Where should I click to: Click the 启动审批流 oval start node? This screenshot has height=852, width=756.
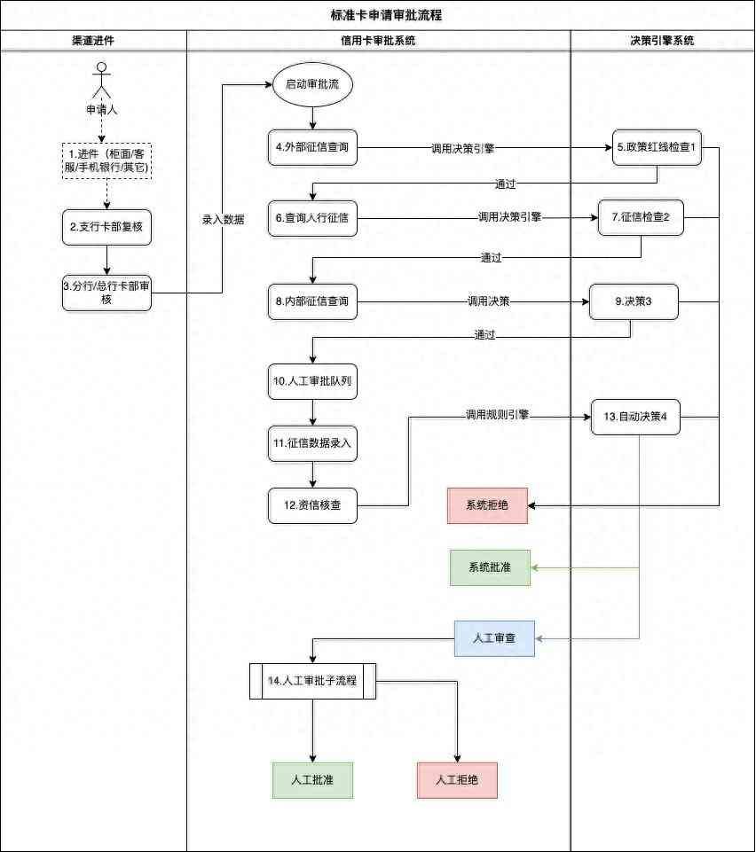point(312,85)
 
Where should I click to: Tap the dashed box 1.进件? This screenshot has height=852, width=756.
point(106,161)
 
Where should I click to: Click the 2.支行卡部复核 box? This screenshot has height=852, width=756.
point(106,227)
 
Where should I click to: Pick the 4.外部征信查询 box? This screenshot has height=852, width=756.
point(312,147)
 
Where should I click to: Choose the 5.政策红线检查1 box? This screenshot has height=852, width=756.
point(658,147)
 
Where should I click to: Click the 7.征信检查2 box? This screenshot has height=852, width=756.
point(640,217)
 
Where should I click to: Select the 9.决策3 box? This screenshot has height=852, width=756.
point(634,301)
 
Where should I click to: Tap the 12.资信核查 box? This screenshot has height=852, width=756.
point(312,505)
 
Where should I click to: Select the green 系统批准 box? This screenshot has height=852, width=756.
point(489,567)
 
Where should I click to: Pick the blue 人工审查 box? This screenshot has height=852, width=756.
point(494,638)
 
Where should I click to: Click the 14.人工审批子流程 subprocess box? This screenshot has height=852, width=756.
point(312,681)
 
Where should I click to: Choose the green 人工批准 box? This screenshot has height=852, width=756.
point(312,781)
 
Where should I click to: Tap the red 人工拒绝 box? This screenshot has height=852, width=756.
point(457,781)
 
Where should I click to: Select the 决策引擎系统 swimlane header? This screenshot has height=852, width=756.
point(661,41)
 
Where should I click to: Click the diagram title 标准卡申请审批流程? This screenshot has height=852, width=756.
point(378,15)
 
